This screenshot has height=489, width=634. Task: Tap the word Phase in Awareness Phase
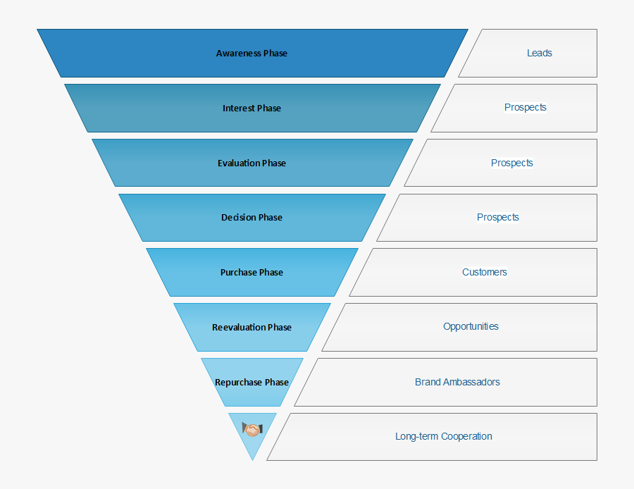point(275,54)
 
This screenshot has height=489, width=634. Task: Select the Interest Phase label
point(251,109)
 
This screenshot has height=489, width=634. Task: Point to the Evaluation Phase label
point(251,163)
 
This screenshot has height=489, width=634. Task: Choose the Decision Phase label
point(251,218)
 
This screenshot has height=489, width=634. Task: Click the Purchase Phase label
point(251,273)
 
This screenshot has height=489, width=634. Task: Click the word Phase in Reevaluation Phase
point(280,328)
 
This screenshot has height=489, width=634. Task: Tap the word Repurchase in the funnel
point(238,383)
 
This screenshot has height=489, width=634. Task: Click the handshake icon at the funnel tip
point(252,428)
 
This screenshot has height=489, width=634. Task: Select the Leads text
point(540,54)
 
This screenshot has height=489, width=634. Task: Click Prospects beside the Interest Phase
point(526,108)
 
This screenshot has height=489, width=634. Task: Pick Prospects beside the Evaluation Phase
point(512,163)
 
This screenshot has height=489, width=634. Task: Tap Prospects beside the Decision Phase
point(498,218)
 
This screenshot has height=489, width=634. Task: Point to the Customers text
point(485,273)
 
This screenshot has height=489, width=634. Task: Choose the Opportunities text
point(471,327)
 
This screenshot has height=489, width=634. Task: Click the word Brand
point(428,383)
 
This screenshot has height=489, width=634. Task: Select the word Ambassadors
point(472,383)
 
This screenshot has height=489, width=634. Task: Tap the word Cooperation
point(466,437)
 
